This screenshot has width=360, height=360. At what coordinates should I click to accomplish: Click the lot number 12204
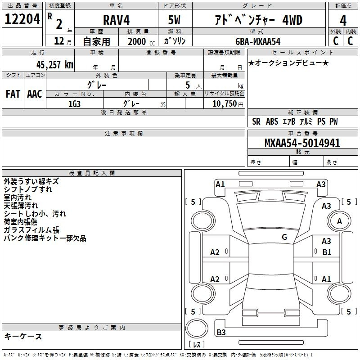[x=22, y=19]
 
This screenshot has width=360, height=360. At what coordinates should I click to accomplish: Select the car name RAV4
[x=116, y=20]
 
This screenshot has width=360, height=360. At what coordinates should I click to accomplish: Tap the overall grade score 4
[x=343, y=21]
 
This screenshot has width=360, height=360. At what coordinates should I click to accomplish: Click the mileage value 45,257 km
[x=55, y=65]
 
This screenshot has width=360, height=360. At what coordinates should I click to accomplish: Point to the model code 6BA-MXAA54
[x=258, y=41]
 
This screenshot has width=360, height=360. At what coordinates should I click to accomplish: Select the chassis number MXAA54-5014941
[x=302, y=143]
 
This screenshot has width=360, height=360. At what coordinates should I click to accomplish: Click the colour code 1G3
[x=74, y=104]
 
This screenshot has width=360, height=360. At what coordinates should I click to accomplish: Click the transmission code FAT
[x=13, y=94]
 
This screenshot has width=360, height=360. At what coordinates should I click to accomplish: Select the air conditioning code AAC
[x=35, y=94]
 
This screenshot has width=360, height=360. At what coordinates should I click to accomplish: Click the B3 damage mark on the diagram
[x=221, y=332]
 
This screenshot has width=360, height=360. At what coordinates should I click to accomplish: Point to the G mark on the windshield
[x=284, y=237]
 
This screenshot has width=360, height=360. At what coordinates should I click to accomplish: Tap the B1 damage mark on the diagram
[x=327, y=252]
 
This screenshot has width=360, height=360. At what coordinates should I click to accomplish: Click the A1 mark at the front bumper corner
[x=220, y=184]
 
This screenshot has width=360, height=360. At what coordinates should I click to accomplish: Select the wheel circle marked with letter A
[x=339, y=221]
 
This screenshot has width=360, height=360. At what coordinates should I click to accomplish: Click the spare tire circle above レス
[x=197, y=328]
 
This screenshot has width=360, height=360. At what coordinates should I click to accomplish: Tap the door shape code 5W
[x=174, y=20]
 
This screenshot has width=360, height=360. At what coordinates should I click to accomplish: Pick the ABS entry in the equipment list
[x=272, y=121]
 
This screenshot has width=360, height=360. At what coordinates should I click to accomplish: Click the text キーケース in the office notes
[x=23, y=336]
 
